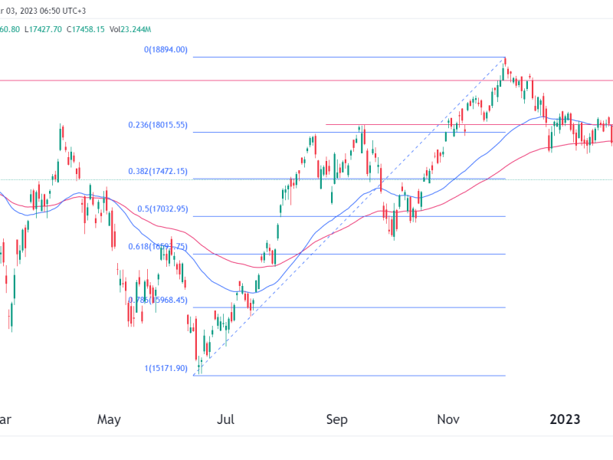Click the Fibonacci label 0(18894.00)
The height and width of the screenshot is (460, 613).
coord(166,50)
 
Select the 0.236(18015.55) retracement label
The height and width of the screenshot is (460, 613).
coord(159,125)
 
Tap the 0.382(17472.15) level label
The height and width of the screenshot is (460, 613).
coord(159,172)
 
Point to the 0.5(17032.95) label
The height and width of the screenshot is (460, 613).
coord(162,209)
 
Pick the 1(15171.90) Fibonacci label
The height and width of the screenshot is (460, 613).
coord(166,368)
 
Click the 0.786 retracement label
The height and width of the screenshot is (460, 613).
coord(159,300)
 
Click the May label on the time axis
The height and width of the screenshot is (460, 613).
coord(110,419)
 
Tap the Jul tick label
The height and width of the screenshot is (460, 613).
coord(226,419)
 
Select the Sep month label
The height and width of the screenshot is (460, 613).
coord(337,419)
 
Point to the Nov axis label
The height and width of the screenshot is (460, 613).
coord(449,419)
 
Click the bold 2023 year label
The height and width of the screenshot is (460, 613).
coord(565,419)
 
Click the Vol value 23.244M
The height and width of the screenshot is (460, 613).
coord(132,29)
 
